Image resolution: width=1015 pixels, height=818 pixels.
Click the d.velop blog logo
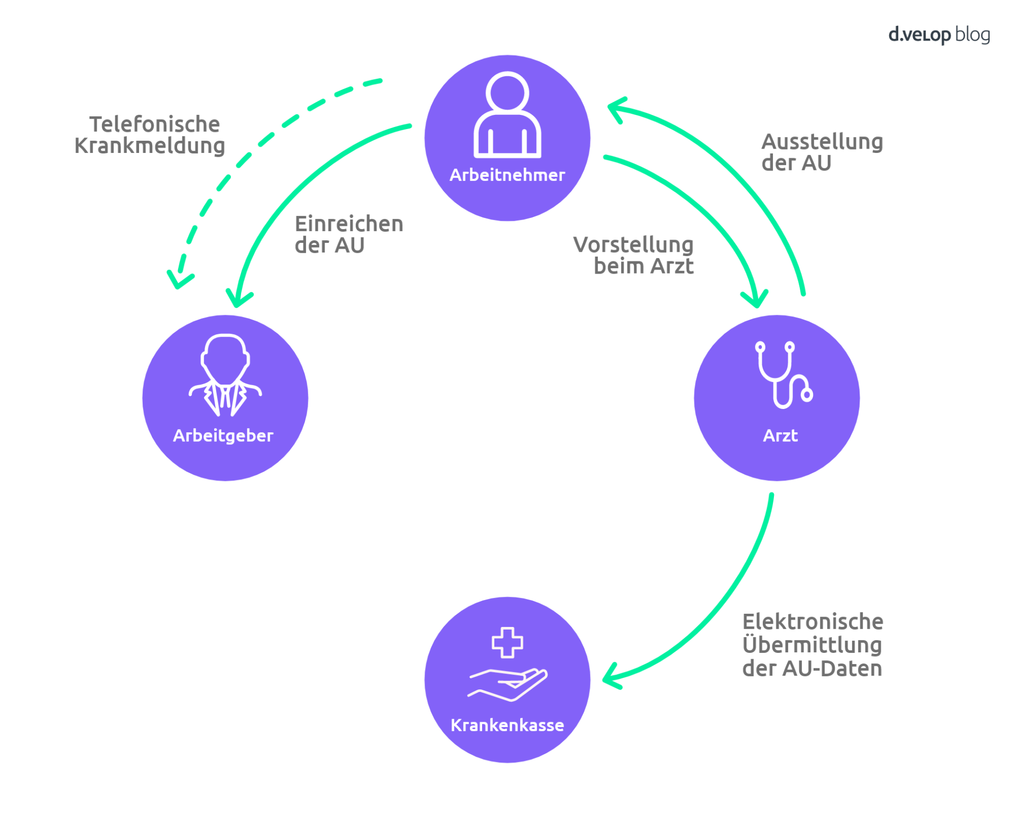pos(938,35)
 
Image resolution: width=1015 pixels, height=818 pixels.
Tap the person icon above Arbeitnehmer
pos(507,115)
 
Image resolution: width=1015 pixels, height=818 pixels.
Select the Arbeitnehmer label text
pos(507,175)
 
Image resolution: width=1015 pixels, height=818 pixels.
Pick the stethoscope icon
pos(783,375)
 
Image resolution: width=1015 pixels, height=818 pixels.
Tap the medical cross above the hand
pos(507,642)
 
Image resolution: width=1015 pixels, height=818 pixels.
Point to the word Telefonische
pos(154,124)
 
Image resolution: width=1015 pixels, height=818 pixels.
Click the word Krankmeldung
pos(150,146)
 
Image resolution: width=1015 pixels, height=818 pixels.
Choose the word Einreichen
pos(349,224)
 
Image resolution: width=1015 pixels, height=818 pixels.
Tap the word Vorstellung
pos(633,244)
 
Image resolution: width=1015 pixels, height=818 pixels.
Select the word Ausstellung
pos(822,142)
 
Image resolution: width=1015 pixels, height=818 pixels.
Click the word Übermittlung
pos(812,645)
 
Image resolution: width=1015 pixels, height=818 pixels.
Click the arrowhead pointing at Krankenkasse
pos(611,677)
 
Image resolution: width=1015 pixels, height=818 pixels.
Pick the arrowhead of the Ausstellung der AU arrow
pos(615,108)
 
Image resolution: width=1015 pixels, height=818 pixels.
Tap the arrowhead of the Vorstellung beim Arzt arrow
pos(756,300)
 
